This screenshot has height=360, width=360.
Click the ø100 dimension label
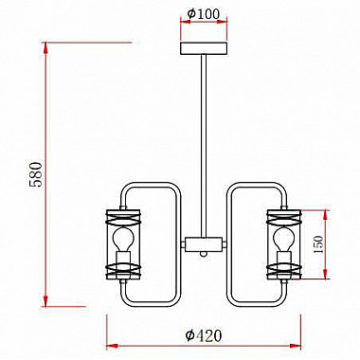click(x=203, y=13)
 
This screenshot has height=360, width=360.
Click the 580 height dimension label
click(x=35, y=174)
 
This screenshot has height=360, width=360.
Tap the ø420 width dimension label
click(x=204, y=335)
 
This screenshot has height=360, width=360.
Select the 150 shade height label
click(x=319, y=244)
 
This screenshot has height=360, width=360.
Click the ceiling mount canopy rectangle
click(x=204, y=48)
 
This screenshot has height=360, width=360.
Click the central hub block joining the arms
click(x=204, y=244)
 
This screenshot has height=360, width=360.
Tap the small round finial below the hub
click(x=204, y=254)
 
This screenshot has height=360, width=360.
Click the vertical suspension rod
click(x=204, y=146)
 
